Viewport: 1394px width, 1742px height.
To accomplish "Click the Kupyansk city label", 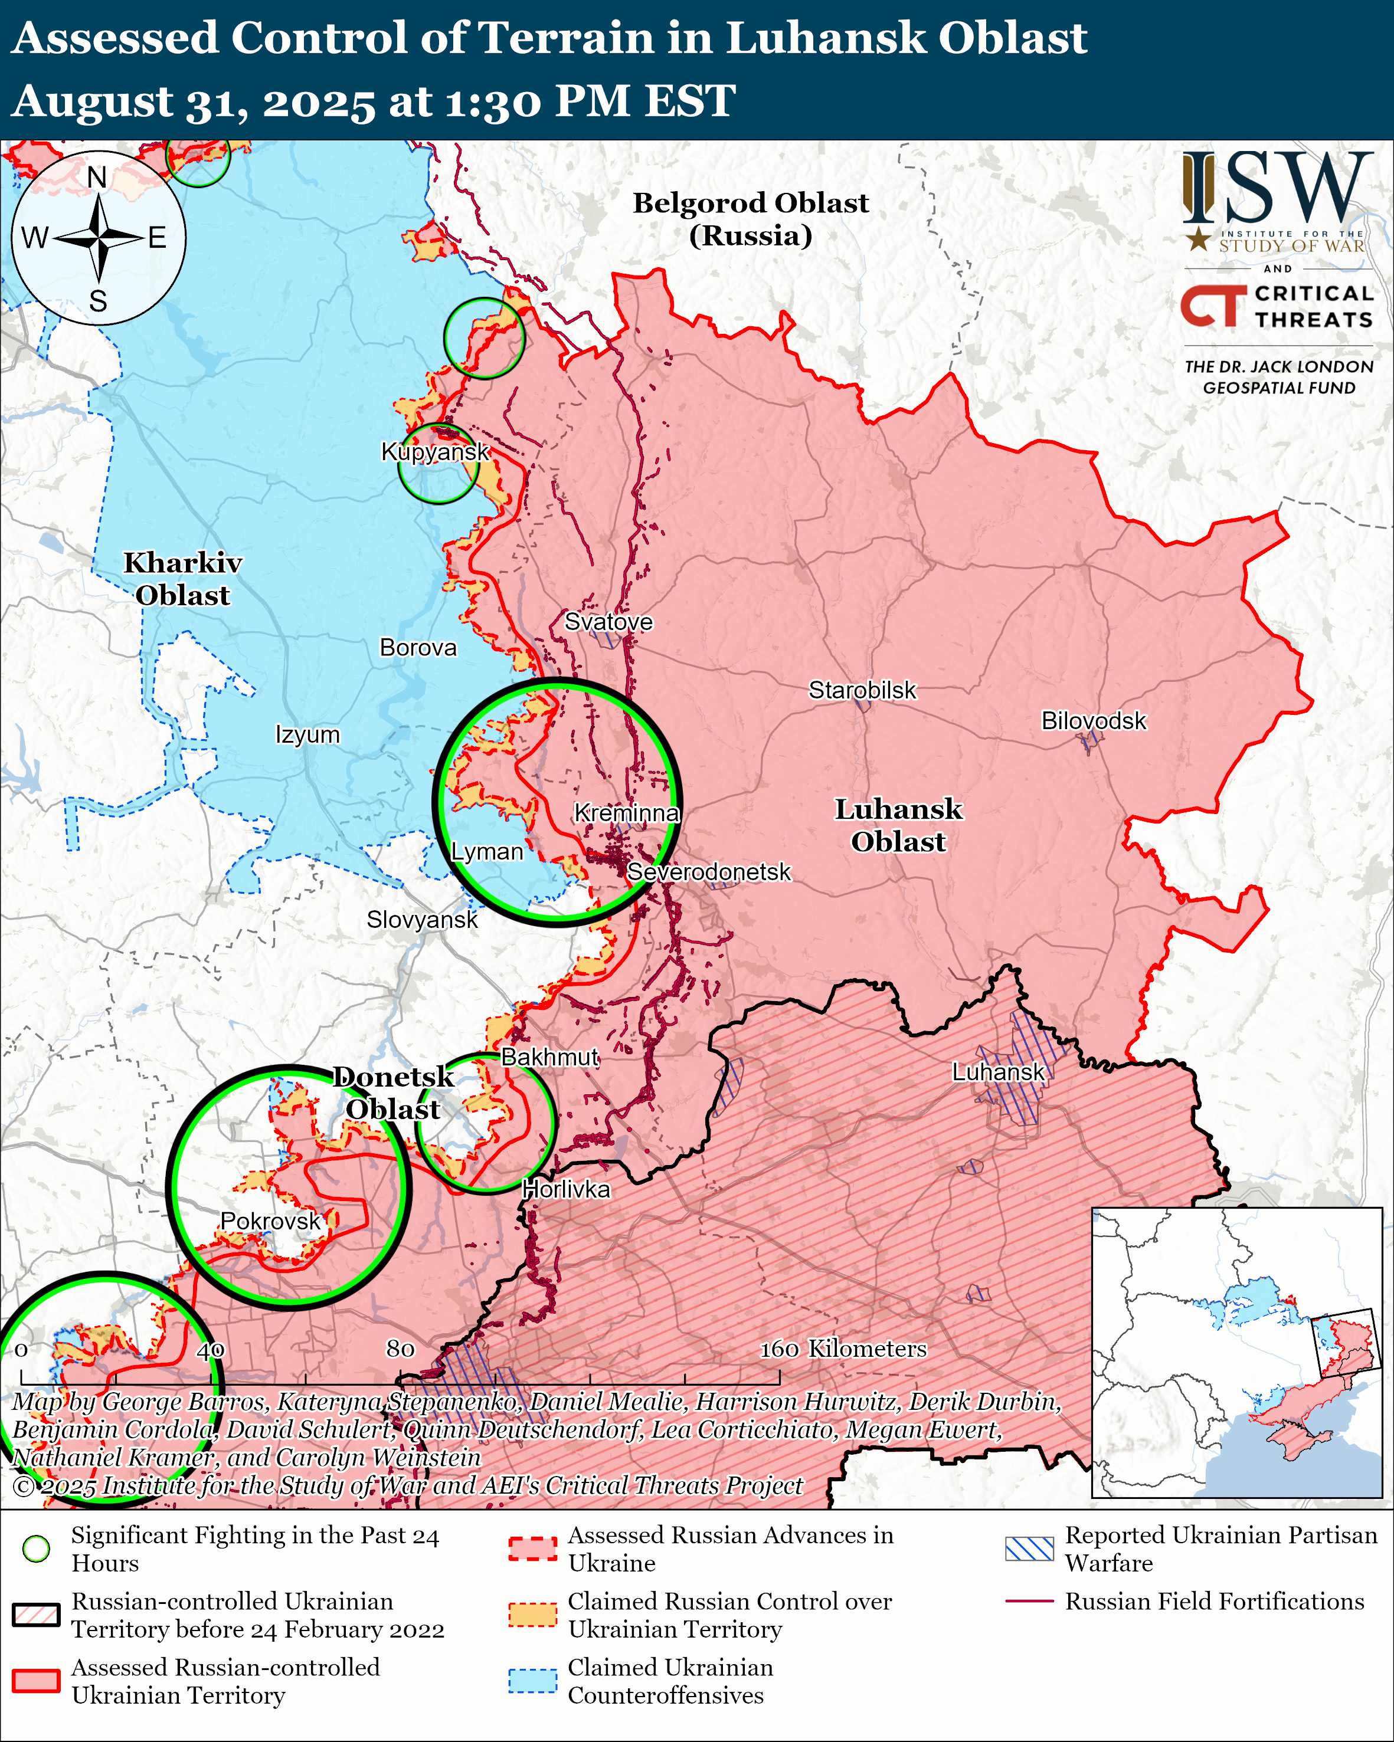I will [x=435, y=452].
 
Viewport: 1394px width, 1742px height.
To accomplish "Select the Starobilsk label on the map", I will [x=862, y=690].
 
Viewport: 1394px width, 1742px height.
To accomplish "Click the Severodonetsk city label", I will [x=709, y=872].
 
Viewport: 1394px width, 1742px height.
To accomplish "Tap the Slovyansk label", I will [x=422, y=920].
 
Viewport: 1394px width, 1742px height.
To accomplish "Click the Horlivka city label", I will [x=565, y=1189].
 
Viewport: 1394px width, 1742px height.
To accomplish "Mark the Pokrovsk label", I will [x=271, y=1221].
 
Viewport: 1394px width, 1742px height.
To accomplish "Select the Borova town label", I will [x=418, y=647].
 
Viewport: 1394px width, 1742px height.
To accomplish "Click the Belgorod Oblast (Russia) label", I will [x=750, y=219].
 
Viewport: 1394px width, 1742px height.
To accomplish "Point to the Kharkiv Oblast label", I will [x=182, y=579].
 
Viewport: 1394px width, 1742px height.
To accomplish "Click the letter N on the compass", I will [x=97, y=177].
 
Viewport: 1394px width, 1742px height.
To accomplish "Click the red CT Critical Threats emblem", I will [x=1212, y=306].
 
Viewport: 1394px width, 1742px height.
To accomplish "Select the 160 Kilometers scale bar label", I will [x=843, y=1349].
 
